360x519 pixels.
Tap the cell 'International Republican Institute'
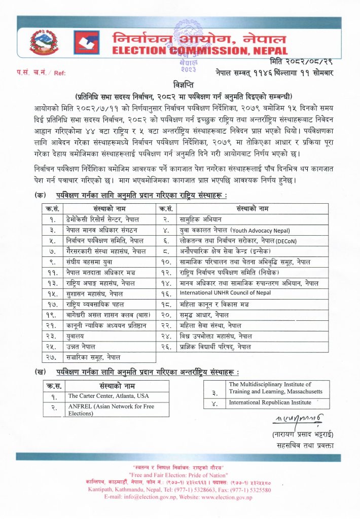point(263,402)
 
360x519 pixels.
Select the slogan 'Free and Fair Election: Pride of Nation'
point(179,474)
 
